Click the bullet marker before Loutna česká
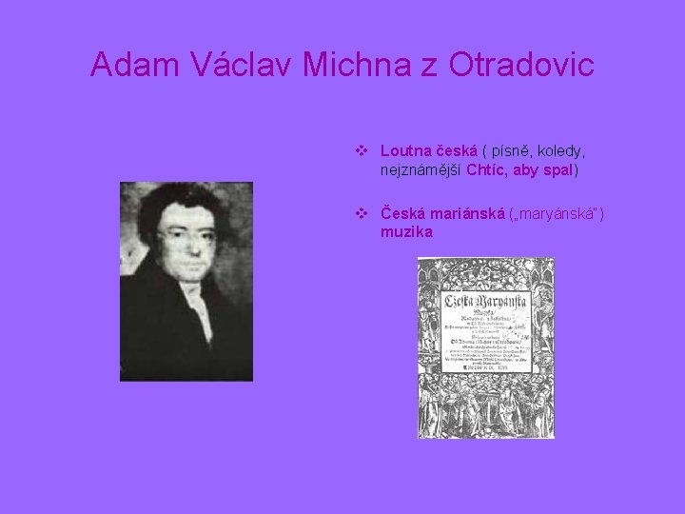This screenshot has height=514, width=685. [362, 150]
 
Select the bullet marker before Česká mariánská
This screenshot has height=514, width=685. [362, 213]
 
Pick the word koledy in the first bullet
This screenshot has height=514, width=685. [561, 151]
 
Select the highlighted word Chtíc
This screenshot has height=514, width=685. [486, 169]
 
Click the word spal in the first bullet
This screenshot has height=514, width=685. [558, 170]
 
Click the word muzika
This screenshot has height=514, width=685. [406, 231]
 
